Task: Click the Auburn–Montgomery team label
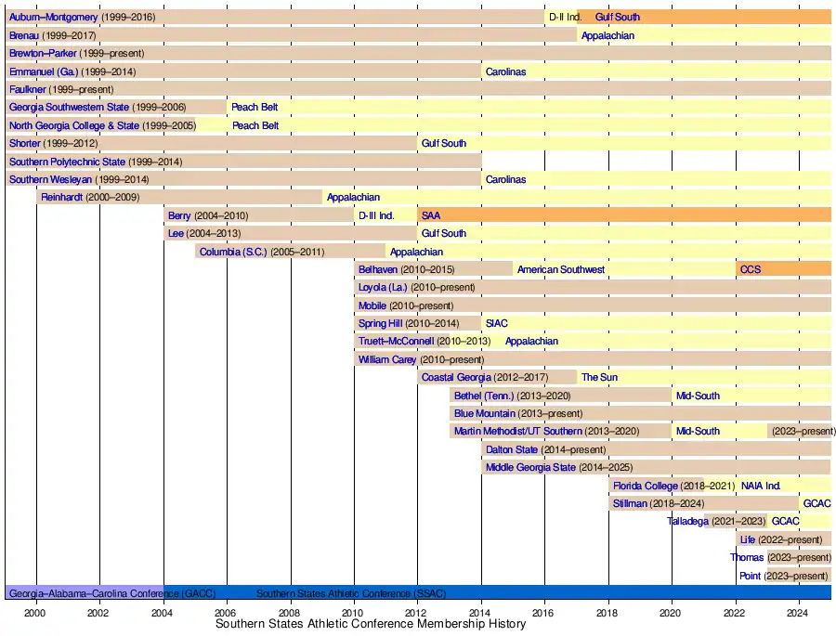pos(53,17)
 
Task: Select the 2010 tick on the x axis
pos(353,613)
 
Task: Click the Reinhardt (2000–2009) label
pos(88,197)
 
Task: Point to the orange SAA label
pos(431,215)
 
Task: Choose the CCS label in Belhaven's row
pos(749,269)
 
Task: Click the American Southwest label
pos(561,269)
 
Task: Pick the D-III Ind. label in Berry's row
pos(375,215)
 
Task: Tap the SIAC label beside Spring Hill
pos(496,323)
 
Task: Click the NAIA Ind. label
pos(761,486)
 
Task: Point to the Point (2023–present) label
pos(783,576)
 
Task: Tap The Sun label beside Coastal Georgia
pos(599,377)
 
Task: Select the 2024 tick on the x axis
pos(799,613)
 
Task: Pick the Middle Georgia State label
pos(530,467)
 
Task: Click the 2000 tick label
pos(35,613)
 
